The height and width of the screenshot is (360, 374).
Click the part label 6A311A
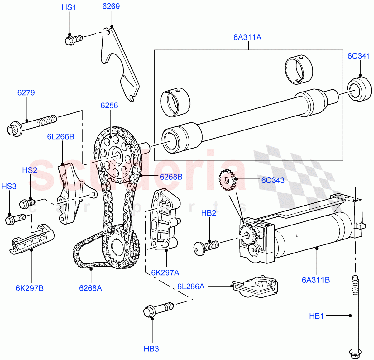[247, 37]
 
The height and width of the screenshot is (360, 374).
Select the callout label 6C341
[359, 56]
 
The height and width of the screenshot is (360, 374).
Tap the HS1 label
[69, 7]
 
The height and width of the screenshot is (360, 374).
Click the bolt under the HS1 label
[74, 40]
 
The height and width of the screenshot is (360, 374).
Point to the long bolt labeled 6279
[31, 125]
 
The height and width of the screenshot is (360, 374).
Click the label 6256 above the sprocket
[109, 106]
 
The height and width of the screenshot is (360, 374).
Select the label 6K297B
[30, 288]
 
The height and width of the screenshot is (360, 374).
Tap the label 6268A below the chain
[90, 288]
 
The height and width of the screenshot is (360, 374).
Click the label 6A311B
[316, 280]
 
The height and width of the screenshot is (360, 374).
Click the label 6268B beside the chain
[171, 177]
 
